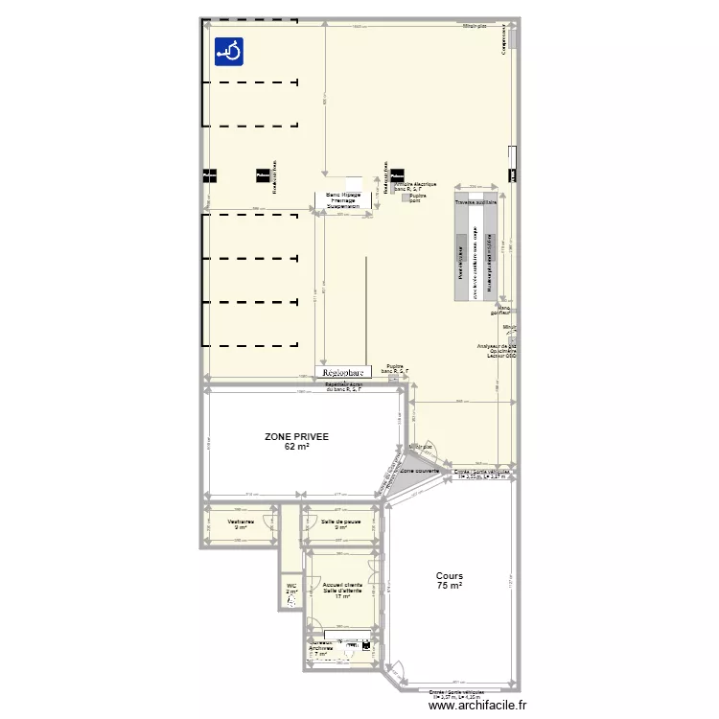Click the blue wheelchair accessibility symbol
[228, 51]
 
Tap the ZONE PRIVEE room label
[296, 441]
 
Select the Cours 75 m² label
[449, 581]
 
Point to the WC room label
[291, 588]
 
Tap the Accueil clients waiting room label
[342, 590]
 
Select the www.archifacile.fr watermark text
[478, 705]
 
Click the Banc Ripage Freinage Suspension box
[343, 199]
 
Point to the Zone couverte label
[420, 472]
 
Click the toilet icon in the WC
[291, 604]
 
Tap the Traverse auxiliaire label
[475, 203]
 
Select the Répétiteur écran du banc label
[343, 387]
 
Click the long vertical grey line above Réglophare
[365, 307]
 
